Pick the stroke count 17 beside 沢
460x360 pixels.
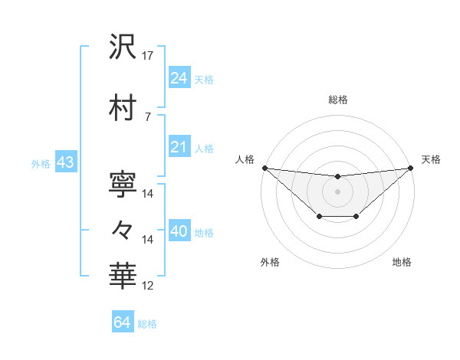[x=148, y=55]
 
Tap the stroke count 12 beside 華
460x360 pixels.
[x=148, y=286]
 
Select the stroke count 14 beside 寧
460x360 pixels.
[x=148, y=193]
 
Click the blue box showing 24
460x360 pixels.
[x=179, y=77]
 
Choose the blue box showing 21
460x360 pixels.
[x=179, y=147]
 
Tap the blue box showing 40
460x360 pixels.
[x=179, y=231]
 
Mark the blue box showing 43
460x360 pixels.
[x=65, y=162]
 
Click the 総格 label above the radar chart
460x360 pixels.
[x=337, y=100]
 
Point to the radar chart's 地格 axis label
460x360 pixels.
[x=402, y=263]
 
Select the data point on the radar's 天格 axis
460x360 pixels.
[x=410, y=168]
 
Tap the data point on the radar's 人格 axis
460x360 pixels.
[x=264, y=168]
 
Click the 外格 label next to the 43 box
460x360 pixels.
[x=40, y=163]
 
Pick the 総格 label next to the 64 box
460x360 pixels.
[x=147, y=324]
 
